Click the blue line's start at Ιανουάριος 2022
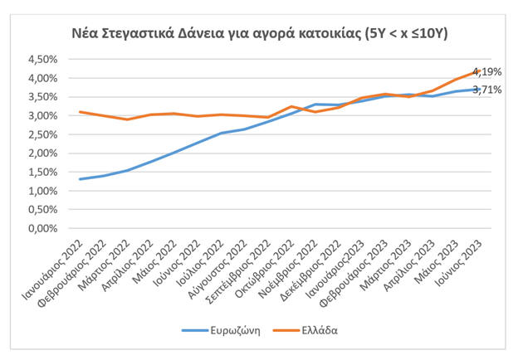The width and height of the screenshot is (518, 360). (80, 179)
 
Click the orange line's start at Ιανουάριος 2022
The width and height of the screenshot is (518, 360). (80, 112)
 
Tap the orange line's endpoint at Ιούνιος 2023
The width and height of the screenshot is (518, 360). (481, 71)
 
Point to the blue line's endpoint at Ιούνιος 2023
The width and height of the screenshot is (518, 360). (481, 89)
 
